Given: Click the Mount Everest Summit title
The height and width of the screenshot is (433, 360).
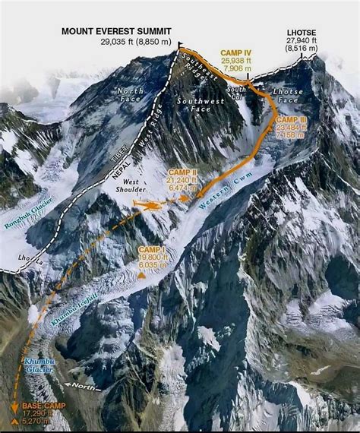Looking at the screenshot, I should [118, 31].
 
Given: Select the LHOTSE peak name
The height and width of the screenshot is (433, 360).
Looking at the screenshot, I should [302, 33].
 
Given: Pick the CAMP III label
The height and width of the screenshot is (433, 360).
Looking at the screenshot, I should [292, 119].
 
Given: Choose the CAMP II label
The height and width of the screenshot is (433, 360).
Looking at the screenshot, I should [182, 173].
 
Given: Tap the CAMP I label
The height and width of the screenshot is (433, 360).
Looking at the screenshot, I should [153, 248].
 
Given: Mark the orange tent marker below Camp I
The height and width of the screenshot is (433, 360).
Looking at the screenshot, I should [141, 275].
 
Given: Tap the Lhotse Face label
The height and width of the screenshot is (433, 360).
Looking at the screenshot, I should [289, 96].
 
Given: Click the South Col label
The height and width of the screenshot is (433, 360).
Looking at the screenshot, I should [238, 98].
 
